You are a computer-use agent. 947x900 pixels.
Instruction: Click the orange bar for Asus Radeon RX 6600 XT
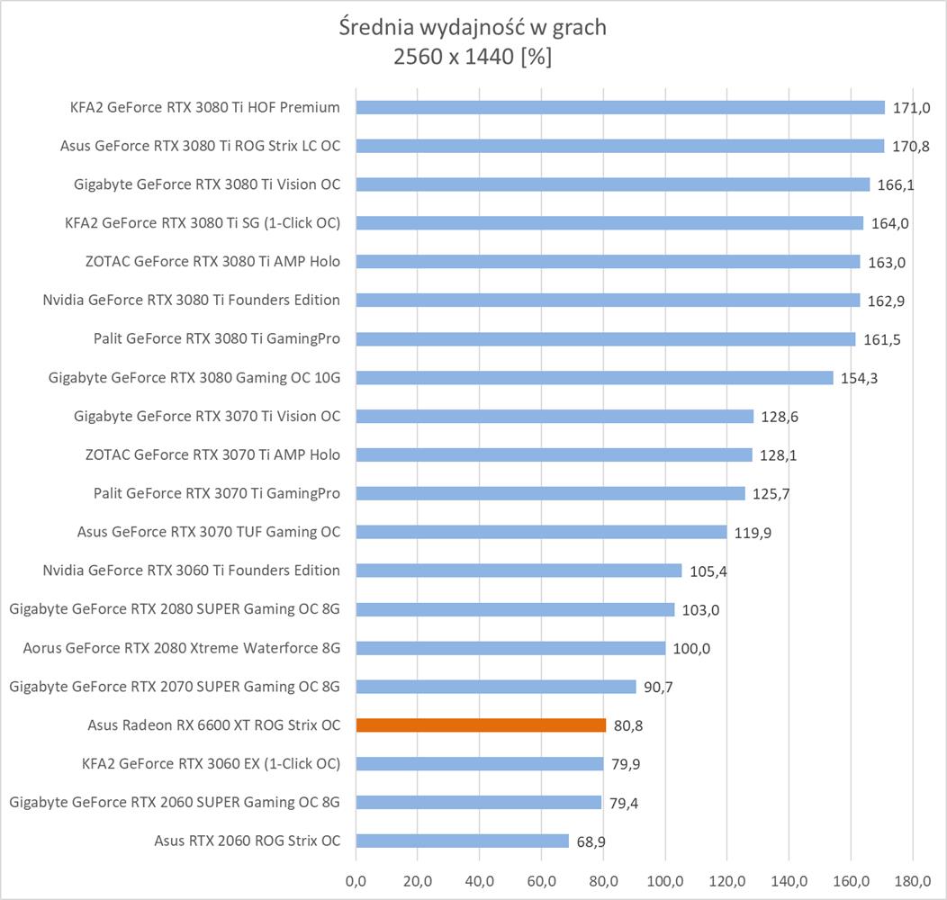(x=481, y=724)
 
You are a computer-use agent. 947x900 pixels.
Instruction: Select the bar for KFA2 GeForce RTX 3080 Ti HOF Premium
(x=620, y=108)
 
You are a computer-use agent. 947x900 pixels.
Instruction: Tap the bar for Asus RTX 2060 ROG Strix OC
(x=463, y=841)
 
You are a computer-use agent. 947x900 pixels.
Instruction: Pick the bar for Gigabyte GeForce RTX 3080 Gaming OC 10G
(x=594, y=378)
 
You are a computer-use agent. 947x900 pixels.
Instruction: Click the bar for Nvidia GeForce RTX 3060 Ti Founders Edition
(x=519, y=571)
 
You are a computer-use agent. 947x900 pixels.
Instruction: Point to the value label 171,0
(x=911, y=108)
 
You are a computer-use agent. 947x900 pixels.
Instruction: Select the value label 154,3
(x=859, y=378)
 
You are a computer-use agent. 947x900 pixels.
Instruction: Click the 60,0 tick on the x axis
(x=542, y=878)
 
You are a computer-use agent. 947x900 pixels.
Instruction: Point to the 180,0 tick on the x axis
(x=913, y=878)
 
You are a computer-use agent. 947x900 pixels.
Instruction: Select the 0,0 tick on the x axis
(x=356, y=878)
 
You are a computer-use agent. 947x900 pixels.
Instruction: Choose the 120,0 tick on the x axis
(x=727, y=878)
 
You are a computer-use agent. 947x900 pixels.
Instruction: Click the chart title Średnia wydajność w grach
(x=473, y=27)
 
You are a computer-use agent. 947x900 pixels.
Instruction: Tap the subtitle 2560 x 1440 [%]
(x=473, y=58)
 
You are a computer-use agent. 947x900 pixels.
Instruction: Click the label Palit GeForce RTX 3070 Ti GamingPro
(x=217, y=493)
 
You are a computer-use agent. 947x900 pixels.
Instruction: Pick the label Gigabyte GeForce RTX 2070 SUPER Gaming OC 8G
(x=175, y=687)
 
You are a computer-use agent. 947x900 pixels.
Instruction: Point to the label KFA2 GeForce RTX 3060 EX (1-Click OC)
(x=211, y=764)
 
